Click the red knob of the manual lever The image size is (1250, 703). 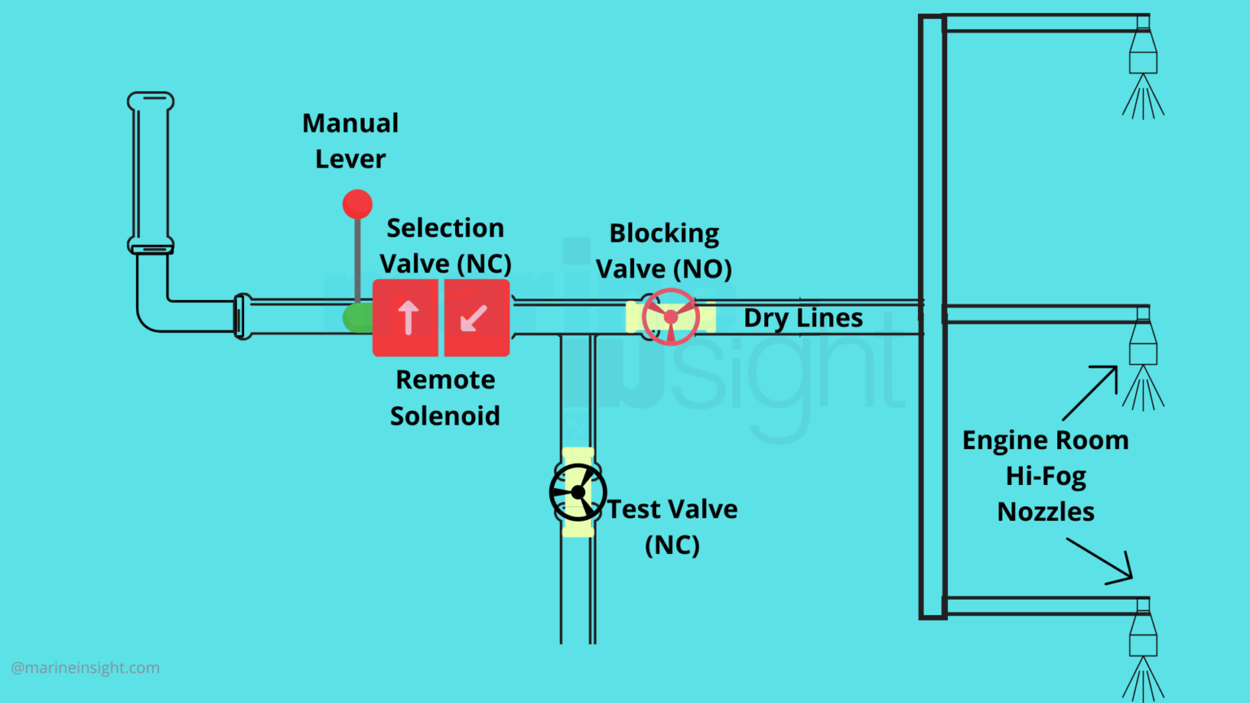tap(357, 204)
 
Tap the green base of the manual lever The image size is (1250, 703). tap(356, 317)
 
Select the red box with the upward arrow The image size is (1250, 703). tap(406, 318)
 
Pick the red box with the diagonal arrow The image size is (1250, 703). tap(476, 318)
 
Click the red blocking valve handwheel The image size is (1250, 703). tap(671, 317)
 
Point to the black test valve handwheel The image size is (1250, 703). tap(578, 492)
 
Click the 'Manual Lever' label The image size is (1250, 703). tap(351, 141)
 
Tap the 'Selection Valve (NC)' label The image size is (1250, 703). tap(445, 246)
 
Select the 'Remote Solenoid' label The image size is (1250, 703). tap(445, 398)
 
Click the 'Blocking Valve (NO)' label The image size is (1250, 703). tap(664, 251)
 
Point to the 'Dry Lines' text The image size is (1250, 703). tap(803, 318)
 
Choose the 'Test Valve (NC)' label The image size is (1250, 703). tap(672, 526)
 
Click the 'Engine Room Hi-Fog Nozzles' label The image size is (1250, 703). tap(1046, 476)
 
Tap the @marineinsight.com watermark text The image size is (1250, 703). tap(85, 668)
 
